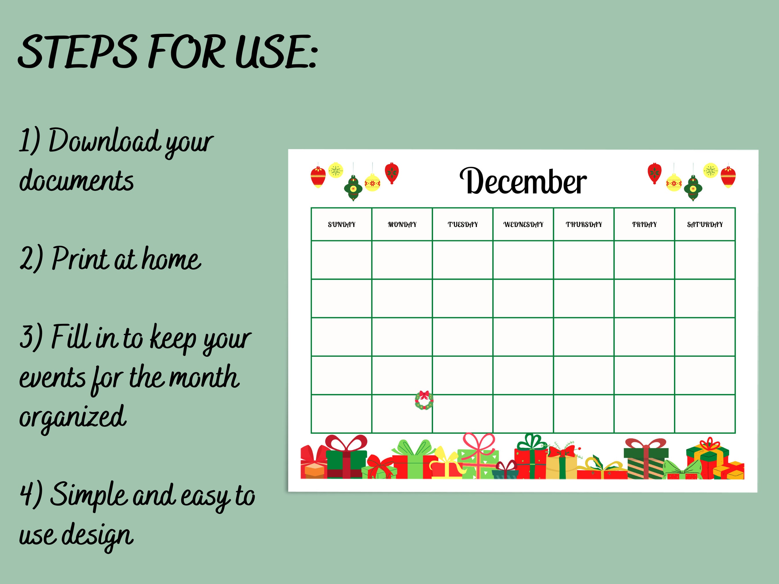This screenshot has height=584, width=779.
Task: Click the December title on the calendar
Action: [x=523, y=182]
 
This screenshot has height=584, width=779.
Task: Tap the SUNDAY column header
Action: [x=341, y=225]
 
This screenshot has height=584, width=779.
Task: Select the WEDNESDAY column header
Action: [x=523, y=225]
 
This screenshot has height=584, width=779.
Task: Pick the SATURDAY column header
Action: [x=705, y=225]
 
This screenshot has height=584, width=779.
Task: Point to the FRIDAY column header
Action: [x=644, y=225]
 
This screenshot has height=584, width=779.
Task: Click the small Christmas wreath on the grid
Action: [x=424, y=401]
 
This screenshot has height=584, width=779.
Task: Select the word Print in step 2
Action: [x=80, y=259]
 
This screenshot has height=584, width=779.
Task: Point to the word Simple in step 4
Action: [x=88, y=495]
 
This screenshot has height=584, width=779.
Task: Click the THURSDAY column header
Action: [x=584, y=225]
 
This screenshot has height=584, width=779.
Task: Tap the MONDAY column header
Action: [x=402, y=225]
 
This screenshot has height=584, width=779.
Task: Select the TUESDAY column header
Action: [x=462, y=225]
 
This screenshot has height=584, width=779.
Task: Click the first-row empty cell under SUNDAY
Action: [x=341, y=260]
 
